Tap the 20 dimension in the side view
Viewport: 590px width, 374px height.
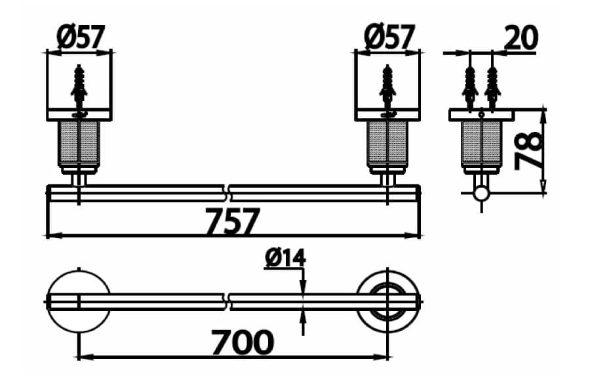point(521,37)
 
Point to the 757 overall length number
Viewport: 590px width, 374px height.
point(233,222)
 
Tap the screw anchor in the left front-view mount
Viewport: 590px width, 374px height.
point(79,85)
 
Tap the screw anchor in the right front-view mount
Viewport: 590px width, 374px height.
point(388,85)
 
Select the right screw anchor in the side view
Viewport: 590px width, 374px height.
point(492,85)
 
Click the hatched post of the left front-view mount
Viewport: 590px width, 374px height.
point(79,143)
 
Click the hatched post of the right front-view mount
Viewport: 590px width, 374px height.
point(388,143)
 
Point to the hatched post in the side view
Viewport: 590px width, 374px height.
point(482,143)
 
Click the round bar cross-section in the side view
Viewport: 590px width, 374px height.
point(482,193)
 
